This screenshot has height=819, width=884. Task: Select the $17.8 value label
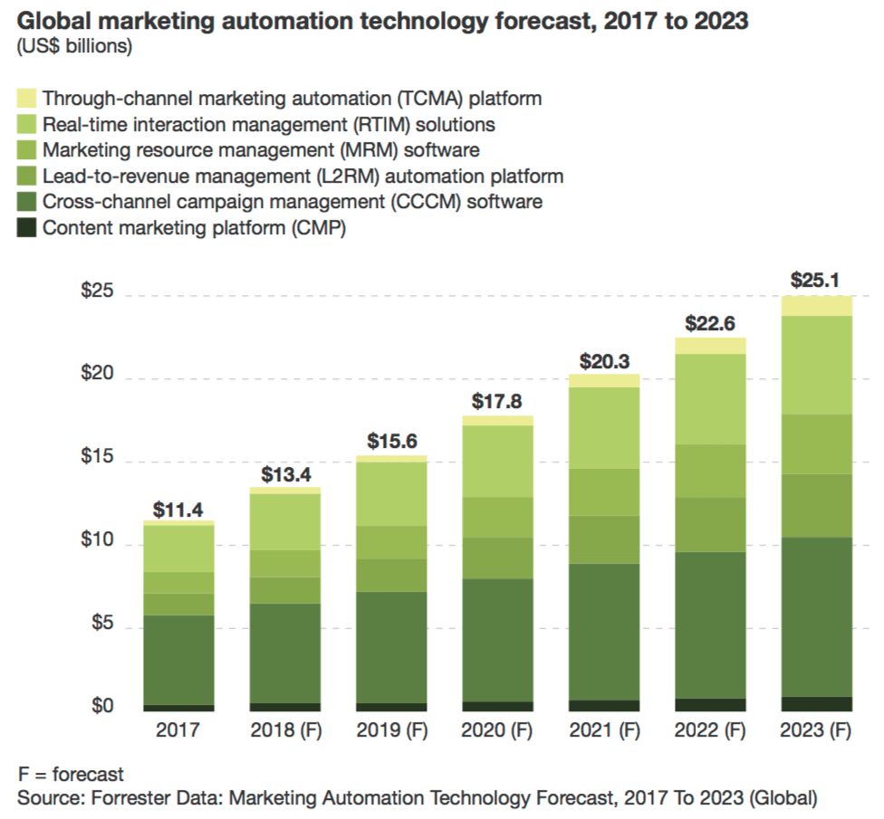click(496, 401)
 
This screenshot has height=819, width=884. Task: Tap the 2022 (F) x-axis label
click(710, 730)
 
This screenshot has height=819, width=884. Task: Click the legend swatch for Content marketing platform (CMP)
click(25, 228)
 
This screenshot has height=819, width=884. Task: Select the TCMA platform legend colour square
click(25, 98)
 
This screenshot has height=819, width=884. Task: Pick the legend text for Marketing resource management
click(261, 150)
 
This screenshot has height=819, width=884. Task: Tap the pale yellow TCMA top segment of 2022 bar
click(710, 346)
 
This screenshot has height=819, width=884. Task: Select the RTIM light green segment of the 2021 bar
click(603, 427)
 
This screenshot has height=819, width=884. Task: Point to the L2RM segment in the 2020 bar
click(496, 557)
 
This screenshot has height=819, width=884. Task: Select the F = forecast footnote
click(71, 775)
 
